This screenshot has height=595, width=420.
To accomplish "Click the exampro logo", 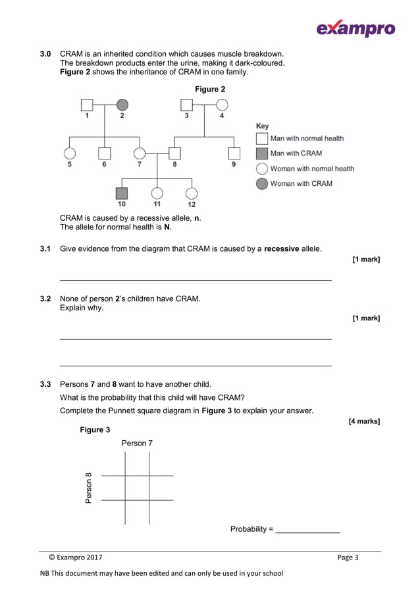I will tap(355, 28).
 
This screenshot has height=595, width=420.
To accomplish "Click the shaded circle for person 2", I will tap(122, 105).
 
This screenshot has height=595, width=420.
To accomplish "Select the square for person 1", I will tap(87, 105).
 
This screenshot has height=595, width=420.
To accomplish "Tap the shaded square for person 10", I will tap(122, 193).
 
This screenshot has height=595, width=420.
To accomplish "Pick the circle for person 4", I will tap(222, 105).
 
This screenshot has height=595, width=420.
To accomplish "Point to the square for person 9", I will tap(234, 154).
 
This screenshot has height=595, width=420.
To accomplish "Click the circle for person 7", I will tap(140, 154).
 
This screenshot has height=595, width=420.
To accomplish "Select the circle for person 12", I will tap(192, 193).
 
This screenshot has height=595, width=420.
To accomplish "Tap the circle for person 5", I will tap(70, 154).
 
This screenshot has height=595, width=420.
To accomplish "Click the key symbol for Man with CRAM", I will tap(261, 154).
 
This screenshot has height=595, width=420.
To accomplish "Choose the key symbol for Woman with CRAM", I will tap(261, 184).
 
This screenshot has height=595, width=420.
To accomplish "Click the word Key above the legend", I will tap(262, 126).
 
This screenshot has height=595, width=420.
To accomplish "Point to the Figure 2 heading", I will tap(210, 89).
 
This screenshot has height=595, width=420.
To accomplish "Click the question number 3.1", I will tap(45, 248).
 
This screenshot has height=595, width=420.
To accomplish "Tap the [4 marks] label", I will tap(364, 421).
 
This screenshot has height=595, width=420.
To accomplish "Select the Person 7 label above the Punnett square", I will tap(137, 443).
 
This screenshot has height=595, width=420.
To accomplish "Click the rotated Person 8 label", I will tap(89, 488).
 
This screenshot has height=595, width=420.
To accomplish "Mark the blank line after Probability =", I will tap(307, 530).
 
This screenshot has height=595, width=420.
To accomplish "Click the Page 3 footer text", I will tap(348, 557).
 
